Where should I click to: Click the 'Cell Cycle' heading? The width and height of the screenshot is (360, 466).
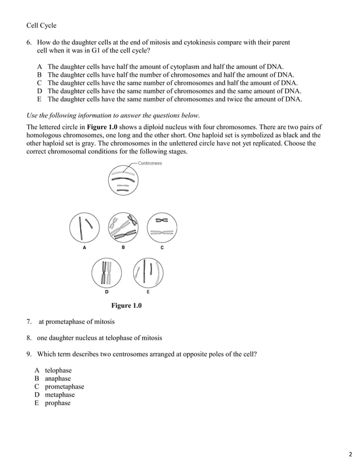coord(41,25)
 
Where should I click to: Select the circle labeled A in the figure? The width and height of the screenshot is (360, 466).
coord(85,227)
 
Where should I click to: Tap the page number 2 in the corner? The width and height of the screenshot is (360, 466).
coord(350,453)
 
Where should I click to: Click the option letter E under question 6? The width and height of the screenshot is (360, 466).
coord(39,99)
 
